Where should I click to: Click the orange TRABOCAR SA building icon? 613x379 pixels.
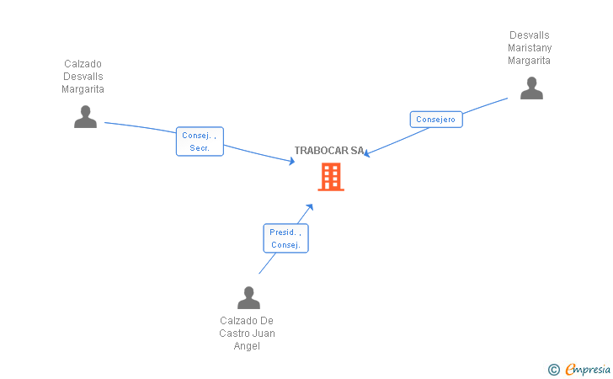(x=331, y=177)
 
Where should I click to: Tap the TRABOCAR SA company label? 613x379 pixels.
(x=329, y=151)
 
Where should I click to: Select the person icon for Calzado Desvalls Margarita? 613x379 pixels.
(x=85, y=117)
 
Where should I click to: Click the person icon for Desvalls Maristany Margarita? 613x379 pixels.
(x=531, y=88)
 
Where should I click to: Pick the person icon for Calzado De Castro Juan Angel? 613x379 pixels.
(x=248, y=298)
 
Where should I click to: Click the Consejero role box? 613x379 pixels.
(x=436, y=120)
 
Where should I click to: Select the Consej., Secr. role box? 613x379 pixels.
(x=200, y=141)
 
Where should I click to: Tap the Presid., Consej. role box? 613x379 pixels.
(x=285, y=238)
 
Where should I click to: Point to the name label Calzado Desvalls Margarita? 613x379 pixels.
(x=83, y=77)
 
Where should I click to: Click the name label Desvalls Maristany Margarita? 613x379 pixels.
(x=530, y=48)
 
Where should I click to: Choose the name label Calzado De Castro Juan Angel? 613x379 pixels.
(x=247, y=334)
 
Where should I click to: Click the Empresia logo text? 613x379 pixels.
(x=588, y=369)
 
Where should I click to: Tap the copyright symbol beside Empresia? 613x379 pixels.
(x=553, y=369)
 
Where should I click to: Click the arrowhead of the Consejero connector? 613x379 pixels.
(x=366, y=154)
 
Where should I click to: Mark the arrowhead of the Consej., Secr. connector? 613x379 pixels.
(x=291, y=161)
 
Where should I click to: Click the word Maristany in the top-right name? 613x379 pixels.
(x=530, y=48)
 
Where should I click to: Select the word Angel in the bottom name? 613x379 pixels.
(x=247, y=346)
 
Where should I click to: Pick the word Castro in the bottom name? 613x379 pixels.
(x=235, y=334)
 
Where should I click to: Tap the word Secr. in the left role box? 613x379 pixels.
(x=200, y=147)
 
